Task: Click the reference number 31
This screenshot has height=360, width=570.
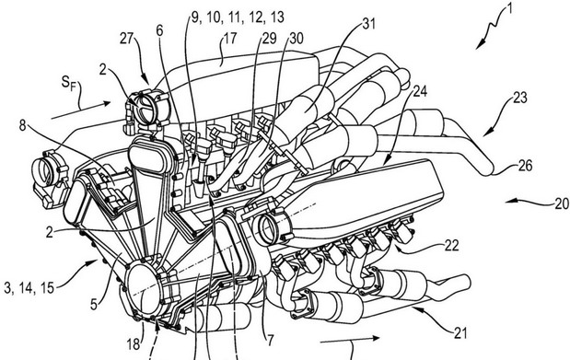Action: (x=368, y=24)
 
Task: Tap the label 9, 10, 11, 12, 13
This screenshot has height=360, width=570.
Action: (x=238, y=17)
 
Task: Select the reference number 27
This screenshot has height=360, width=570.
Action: (x=127, y=39)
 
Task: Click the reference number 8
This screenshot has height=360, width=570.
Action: (x=23, y=126)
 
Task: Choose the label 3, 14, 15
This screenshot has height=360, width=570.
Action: (x=29, y=288)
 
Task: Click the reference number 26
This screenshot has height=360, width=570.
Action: (x=525, y=166)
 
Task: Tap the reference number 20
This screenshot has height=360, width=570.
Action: (x=562, y=203)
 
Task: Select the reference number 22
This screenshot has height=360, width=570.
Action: (x=451, y=246)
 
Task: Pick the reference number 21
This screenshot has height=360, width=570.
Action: (x=460, y=333)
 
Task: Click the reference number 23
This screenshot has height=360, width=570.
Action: (x=520, y=98)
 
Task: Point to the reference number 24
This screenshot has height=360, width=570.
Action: (x=420, y=91)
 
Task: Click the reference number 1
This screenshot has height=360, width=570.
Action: (x=509, y=8)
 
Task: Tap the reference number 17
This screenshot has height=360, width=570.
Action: (x=229, y=39)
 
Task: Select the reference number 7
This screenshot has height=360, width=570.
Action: (x=270, y=341)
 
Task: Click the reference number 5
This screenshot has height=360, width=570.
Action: (x=94, y=304)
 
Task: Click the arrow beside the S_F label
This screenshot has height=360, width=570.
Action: (x=81, y=110)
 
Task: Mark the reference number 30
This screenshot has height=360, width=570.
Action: (x=297, y=39)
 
